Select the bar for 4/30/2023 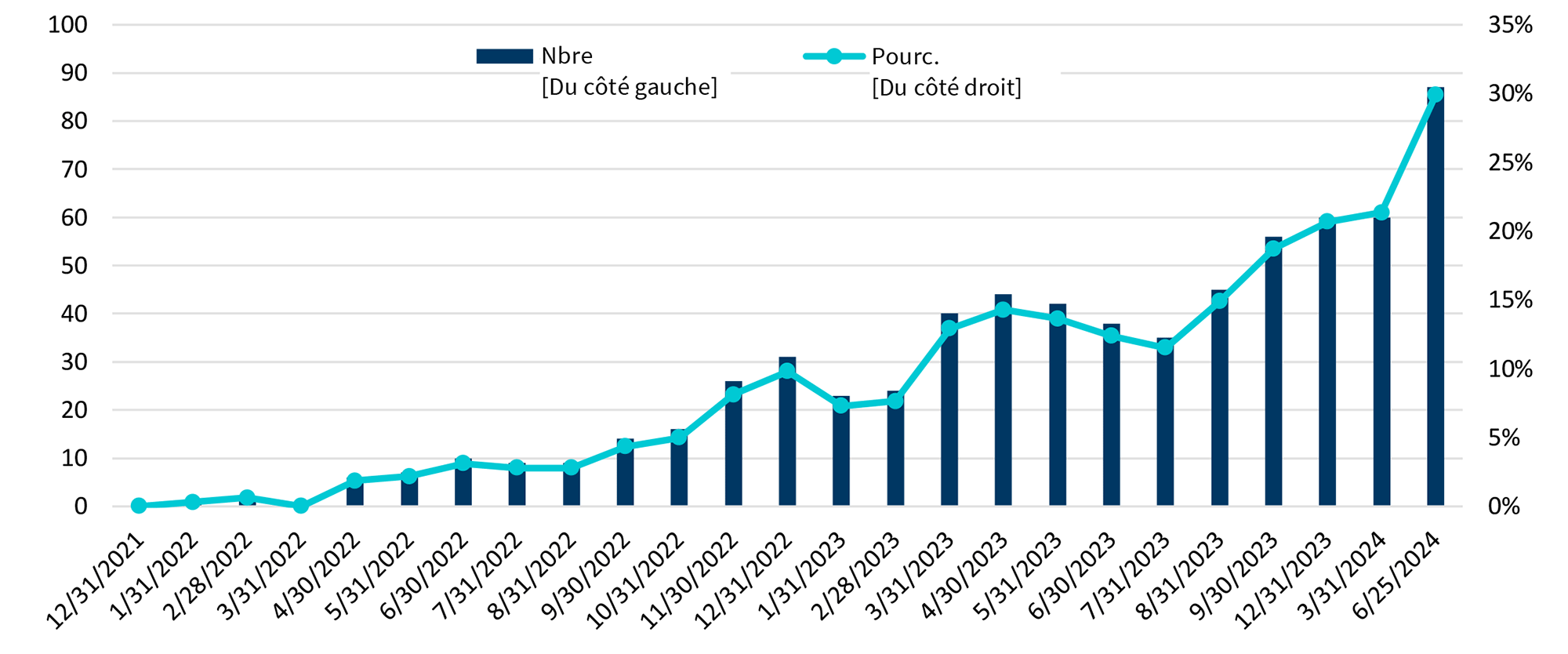1003,408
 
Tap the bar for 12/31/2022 787,439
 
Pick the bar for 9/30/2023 1273,376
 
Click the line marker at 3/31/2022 300,506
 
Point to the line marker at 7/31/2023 1165,347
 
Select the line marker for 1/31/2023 840,405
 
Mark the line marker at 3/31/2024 1381,213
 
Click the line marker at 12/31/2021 139,506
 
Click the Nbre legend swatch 504,56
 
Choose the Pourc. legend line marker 834,56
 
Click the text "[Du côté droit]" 946,88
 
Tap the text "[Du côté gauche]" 629,87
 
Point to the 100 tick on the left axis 67,25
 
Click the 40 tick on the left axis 74,314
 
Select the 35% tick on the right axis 1510,25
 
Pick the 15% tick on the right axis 1510,300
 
